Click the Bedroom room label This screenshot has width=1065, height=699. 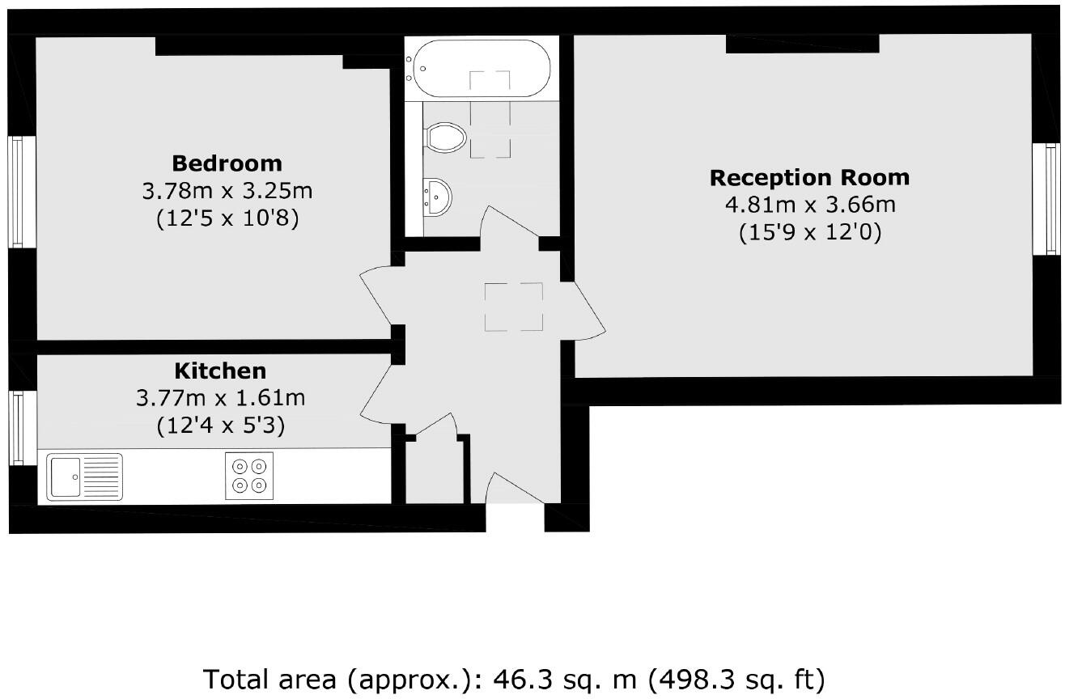click(227, 163)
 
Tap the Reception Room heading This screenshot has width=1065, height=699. click(809, 177)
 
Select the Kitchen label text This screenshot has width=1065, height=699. click(220, 371)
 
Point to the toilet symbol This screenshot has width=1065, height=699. click(445, 138)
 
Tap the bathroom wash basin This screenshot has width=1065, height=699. click(437, 197)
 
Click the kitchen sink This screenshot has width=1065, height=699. click(84, 477)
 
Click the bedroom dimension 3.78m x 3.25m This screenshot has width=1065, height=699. click(227, 192)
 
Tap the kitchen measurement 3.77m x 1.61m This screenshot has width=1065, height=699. click(220, 398)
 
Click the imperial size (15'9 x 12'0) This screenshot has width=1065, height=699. click(809, 233)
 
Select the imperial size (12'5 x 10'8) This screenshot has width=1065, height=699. click(227, 219)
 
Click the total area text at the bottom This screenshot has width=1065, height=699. click(513, 678)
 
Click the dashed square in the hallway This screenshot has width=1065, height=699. click(514, 307)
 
